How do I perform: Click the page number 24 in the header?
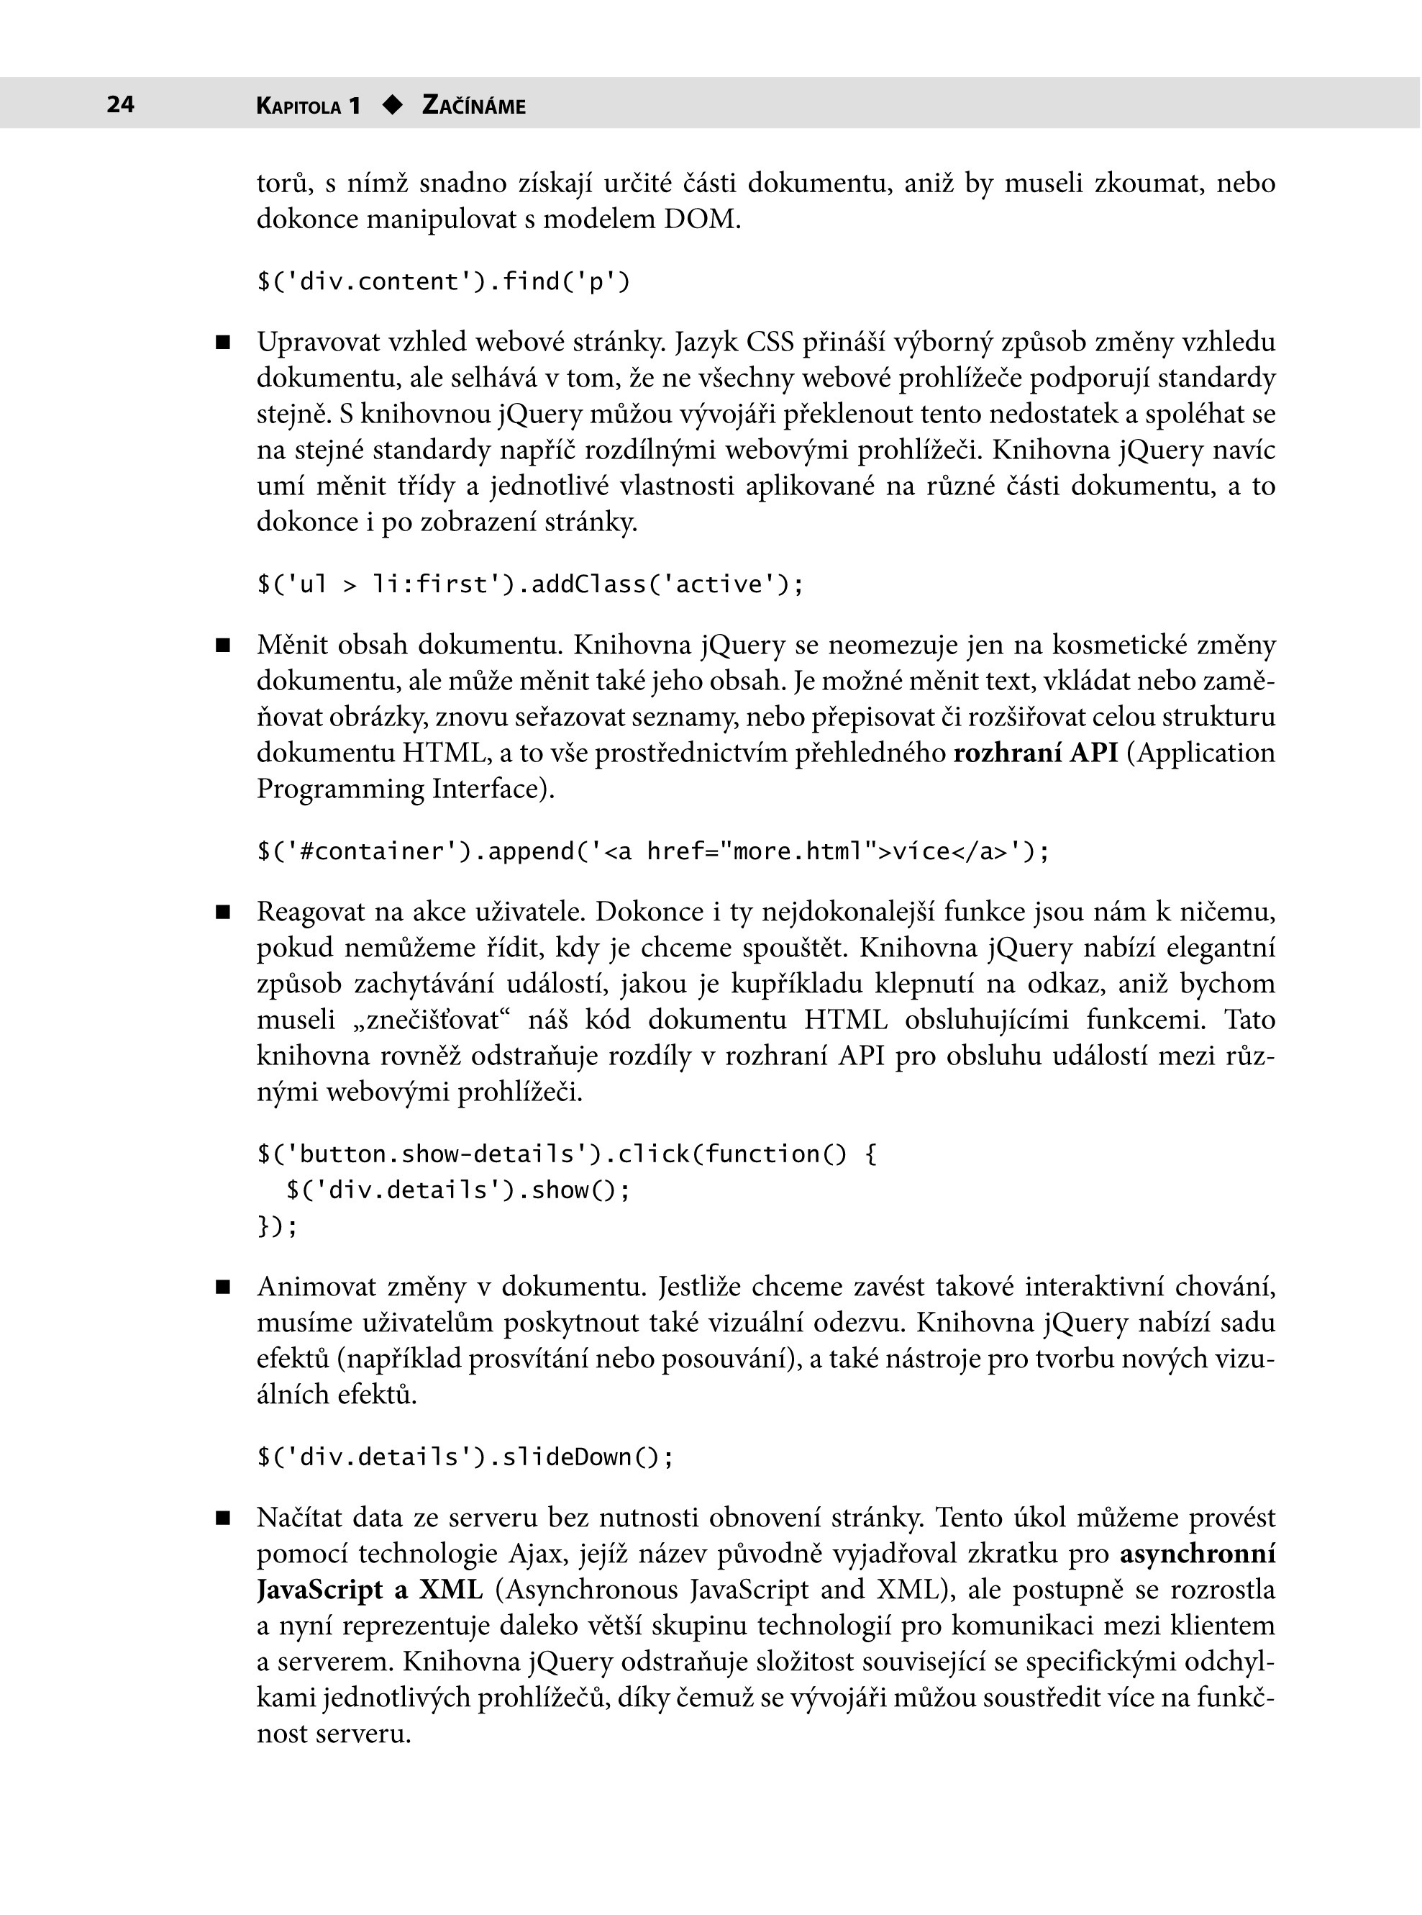pyautogui.click(x=121, y=104)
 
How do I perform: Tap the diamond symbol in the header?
pyautogui.click(x=393, y=105)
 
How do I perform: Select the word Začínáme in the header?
pyautogui.click(x=473, y=106)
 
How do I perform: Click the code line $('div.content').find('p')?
pyautogui.click(x=443, y=281)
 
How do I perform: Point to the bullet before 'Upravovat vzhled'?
pyautogui.click(x=224, y=343)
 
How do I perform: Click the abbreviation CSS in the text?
pyautogui.click(x=770, y=342)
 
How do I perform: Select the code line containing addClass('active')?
pyautogui.click(x=530, y=584)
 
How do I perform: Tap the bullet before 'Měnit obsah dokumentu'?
pyautogui.click(x=224, y=645)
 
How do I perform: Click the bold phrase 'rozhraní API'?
pyautogui.click(x=1036, y=753)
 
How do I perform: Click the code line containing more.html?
pyautogui.click(x=653, y=851)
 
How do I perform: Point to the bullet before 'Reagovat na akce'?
pyautogui.click(x=224, y=912)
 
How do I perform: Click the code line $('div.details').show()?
pyautogui.click(x=458, y=1190)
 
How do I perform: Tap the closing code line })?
pyautogui.click(x=277, y=1226)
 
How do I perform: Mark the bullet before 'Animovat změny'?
pyautogui.click(x=224, y=1287)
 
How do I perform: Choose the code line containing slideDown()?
pyautogui.click(x=465, y=1457)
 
